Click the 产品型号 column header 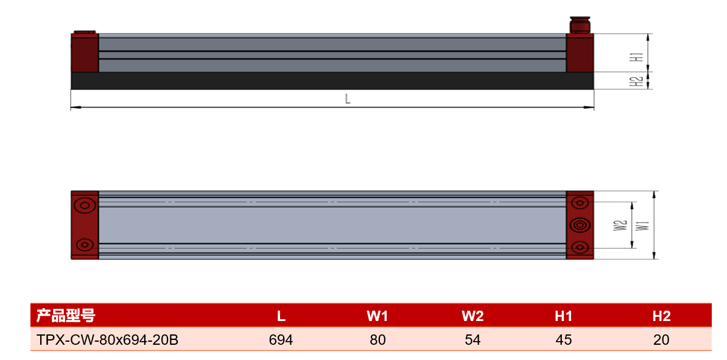pos(66,316)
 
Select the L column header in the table pos(281,316)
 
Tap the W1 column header pos(377,316)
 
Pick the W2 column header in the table pos(472,316)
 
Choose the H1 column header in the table pos(563,316)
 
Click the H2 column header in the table pos(661,316)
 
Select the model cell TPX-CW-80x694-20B pos(107,340)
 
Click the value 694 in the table pos(281,340)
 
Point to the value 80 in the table pos(378,340)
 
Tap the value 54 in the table pos(472,340)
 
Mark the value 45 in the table pos(563,340)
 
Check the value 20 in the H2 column pos(661,340)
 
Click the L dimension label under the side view pos(347,99)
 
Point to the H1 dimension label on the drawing pos(639,57)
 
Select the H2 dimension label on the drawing pos(639,81)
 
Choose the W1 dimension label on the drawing pos(642,226)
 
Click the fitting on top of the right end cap pos(580,25)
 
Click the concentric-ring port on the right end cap pos(580,225)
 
